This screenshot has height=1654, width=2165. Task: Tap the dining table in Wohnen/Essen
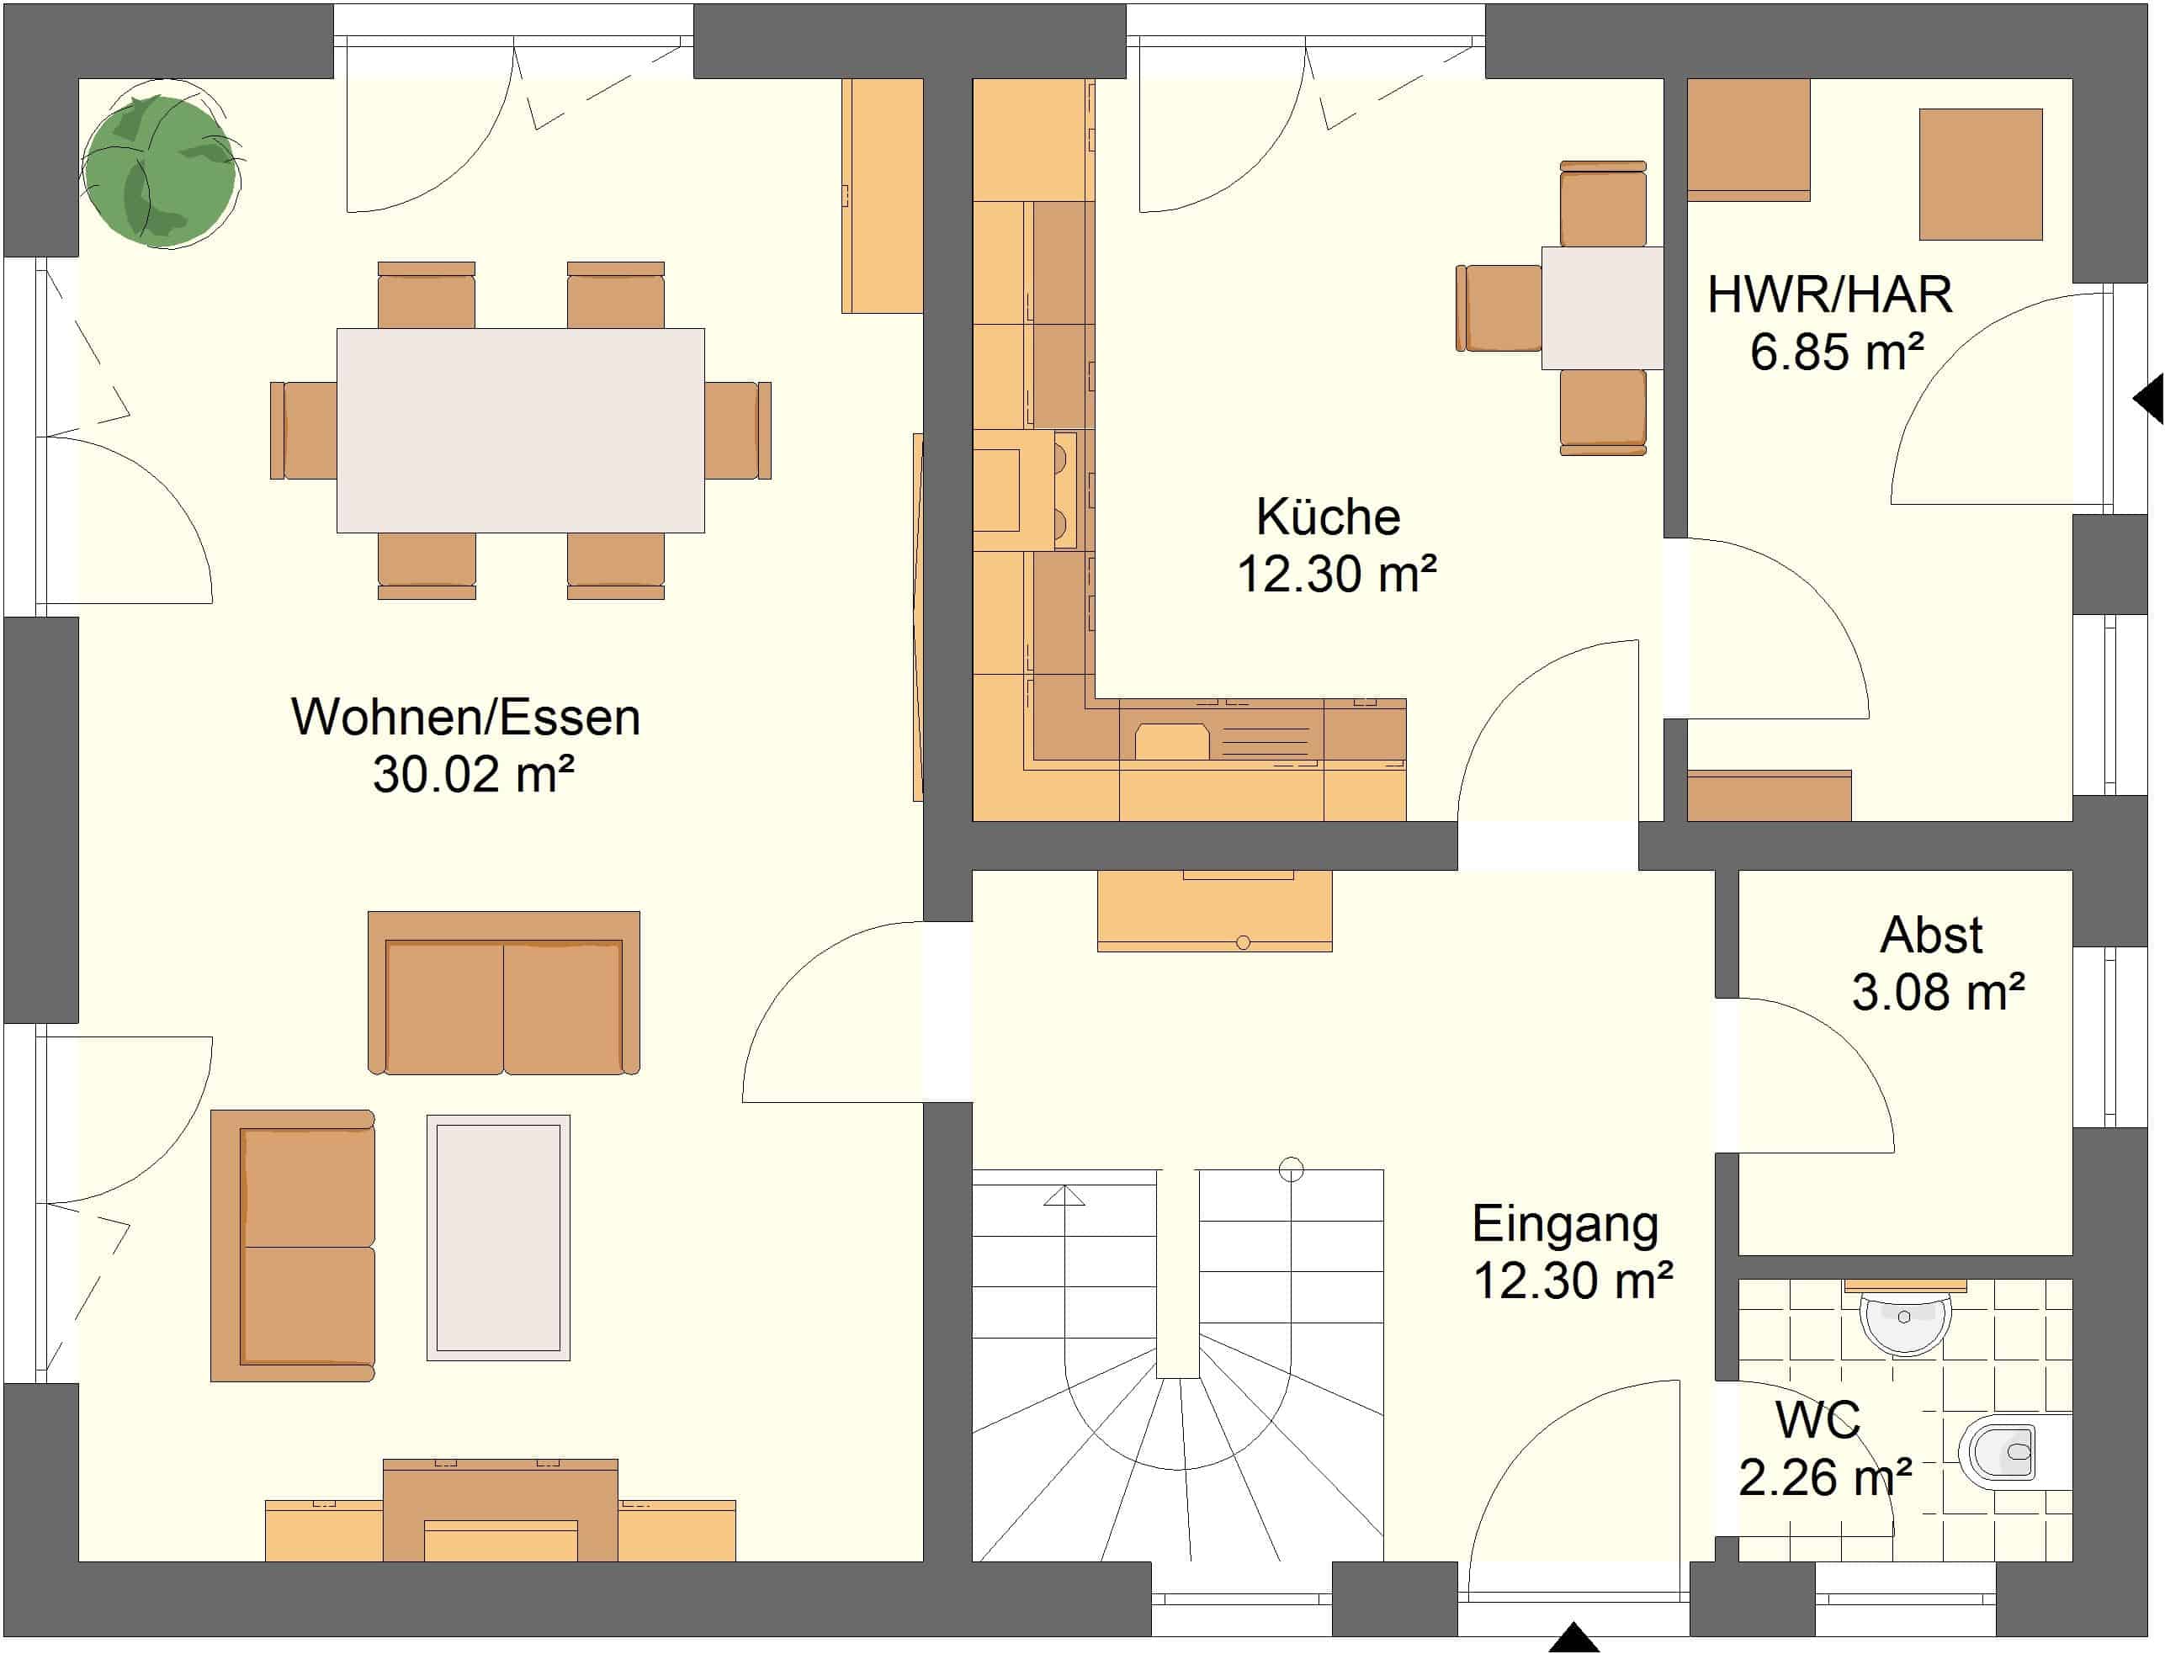[520, 430]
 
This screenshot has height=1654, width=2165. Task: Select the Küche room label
[1328, 517]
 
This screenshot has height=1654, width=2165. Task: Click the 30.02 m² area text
[474, 774]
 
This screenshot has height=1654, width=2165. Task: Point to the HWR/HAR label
[1829, 294]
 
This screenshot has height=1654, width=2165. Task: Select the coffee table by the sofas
[498, 1238]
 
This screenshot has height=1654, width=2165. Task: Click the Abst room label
[1931, 936]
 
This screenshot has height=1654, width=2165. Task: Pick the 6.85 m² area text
[1837, 352]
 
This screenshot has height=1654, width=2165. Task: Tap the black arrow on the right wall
[2148, 399]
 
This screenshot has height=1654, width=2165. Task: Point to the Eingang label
[1565, 1224]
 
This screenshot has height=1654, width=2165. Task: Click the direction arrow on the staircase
[1064, 1196]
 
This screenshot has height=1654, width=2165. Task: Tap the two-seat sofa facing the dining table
[504, 993]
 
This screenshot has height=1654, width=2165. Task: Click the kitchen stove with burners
[1024, 490]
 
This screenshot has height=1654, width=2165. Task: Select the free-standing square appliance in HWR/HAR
[1981, 174]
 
